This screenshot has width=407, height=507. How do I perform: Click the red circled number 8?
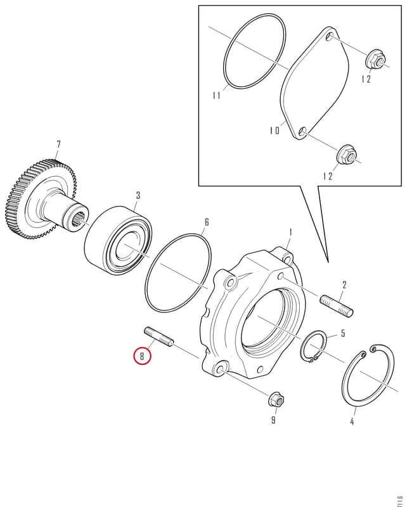142,356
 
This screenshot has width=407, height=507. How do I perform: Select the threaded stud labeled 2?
337,305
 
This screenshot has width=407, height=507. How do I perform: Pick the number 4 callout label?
352,421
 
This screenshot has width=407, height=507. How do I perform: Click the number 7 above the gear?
58,144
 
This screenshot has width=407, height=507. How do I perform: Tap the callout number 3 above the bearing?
138,195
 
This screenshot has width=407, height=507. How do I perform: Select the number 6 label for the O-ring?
207,222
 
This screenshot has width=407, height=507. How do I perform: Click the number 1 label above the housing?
290,232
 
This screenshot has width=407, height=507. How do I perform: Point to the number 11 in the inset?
216,96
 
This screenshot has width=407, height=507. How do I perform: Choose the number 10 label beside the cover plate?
275,131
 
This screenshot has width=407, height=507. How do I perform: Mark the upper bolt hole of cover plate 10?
330,35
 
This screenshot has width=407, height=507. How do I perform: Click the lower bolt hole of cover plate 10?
303,131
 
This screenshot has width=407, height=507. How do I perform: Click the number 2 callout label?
344,285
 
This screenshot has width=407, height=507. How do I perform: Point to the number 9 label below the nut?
273,420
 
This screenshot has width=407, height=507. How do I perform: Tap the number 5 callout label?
343,333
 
